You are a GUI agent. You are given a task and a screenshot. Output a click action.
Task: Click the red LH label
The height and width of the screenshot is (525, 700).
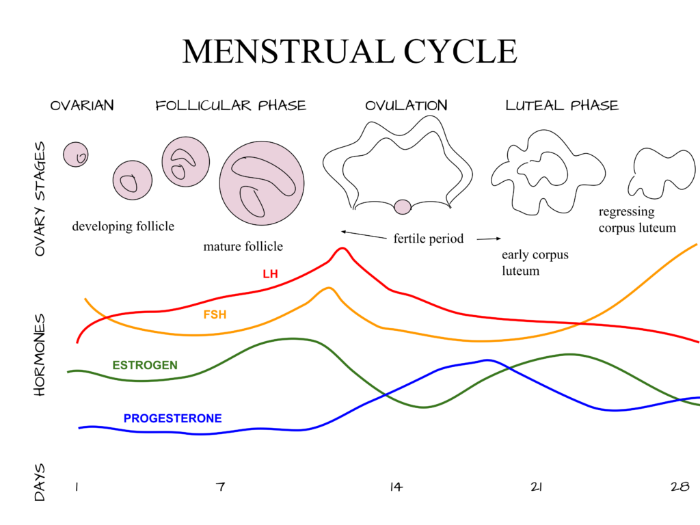(271, 274)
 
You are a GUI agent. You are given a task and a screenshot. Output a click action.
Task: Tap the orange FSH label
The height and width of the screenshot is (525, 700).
(215, 315)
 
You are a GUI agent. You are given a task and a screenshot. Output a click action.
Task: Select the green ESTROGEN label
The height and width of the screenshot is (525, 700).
(145, 365)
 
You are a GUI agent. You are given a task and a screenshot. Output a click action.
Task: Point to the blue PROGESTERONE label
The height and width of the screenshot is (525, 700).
(173, 418)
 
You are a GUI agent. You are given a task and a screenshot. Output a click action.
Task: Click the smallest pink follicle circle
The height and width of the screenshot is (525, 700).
(76, 154)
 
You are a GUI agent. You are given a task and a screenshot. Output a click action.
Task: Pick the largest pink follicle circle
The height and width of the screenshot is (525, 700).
(262, 183)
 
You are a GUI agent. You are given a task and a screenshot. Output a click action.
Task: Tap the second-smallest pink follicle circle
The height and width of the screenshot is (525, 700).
(133, 180)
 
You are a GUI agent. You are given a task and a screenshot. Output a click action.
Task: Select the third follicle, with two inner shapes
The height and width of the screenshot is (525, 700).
(186, 162)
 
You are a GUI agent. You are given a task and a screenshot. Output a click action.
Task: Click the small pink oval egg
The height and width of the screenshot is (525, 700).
(403, 207)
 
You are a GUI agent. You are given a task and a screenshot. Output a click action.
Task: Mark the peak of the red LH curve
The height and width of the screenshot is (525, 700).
(342, 248)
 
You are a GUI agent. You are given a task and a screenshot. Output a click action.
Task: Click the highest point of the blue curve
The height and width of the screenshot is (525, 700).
(487, 360)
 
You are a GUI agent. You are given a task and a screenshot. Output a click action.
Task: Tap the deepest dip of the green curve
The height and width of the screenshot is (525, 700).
(424, 407)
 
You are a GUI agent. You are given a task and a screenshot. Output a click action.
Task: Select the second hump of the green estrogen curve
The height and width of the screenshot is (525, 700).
(569, 354)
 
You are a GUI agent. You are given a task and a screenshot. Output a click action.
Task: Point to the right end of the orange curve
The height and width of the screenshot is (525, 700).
(696, 244)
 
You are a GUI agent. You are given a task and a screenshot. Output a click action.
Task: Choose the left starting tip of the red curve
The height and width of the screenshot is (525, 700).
(77, 342)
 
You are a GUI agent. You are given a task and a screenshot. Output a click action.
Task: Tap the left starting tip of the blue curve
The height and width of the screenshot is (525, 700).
(79, 428)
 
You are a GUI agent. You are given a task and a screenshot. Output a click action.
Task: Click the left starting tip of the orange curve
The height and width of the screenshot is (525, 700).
(85, 299)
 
